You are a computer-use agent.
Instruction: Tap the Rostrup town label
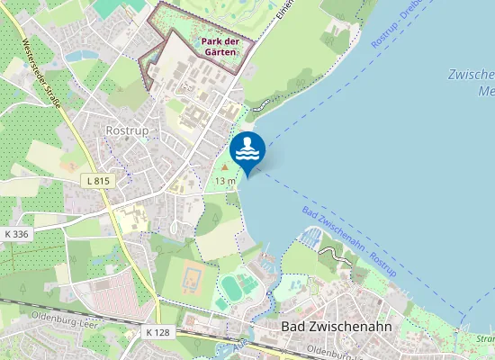126,130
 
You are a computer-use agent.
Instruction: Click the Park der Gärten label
219,47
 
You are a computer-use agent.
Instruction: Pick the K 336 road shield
17,233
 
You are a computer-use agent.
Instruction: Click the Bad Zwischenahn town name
336,326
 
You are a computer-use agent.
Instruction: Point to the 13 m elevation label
225,181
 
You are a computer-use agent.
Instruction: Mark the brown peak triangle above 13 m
225,167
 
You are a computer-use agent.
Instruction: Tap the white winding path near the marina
335,261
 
